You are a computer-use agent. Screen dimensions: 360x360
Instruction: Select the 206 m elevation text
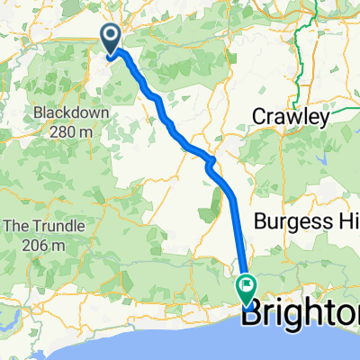[x=44, y=245]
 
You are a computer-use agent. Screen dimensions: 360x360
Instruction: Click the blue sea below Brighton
[x=225, y=346]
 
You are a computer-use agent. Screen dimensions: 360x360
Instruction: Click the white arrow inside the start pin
[x=112, y=36]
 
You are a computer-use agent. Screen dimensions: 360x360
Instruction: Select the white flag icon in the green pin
[x=246, y=284]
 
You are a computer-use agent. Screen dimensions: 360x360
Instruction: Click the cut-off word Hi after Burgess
[x=349, y=220]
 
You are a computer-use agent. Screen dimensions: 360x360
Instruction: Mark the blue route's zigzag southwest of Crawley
[x=211, y=163]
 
